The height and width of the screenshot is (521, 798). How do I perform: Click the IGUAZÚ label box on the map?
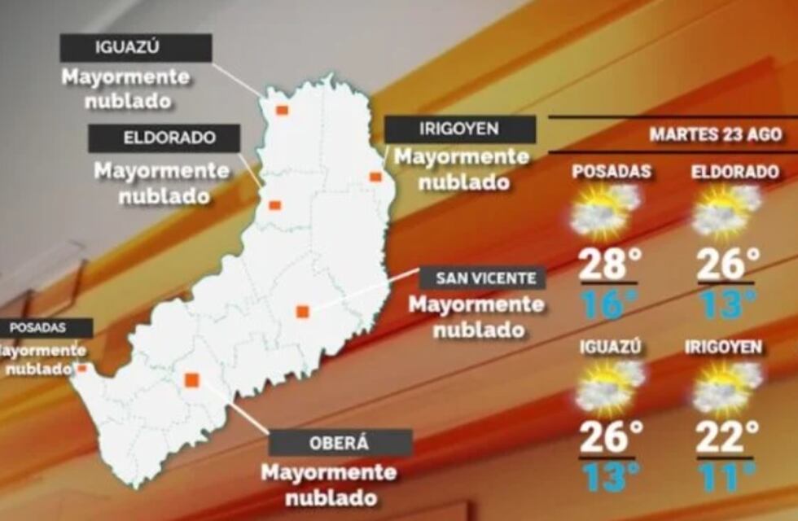[135, 47]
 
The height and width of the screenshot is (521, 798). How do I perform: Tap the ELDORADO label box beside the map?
[164, 138]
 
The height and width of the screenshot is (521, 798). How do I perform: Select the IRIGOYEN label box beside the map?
[459, 129]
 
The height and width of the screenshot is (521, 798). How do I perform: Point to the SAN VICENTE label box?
[482, 278]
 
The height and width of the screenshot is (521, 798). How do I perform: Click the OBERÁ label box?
[340, 443]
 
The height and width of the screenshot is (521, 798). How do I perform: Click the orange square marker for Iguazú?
[282, 110]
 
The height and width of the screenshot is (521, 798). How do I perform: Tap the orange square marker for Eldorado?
[275, 205]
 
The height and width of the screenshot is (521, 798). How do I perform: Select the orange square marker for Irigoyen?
[375, 177]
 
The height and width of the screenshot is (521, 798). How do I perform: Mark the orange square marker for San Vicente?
[302, 311]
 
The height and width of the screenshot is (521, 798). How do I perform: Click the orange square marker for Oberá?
[192, 379]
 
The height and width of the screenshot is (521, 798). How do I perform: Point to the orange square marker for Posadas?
[81, 368]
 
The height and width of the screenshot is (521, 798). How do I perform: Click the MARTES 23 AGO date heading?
[715, 134]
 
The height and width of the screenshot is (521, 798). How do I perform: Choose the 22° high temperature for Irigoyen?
[727, 437]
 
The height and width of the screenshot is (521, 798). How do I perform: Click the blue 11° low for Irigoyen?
[727, 476]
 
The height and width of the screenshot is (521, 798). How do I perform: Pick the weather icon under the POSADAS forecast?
[606, 210]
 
